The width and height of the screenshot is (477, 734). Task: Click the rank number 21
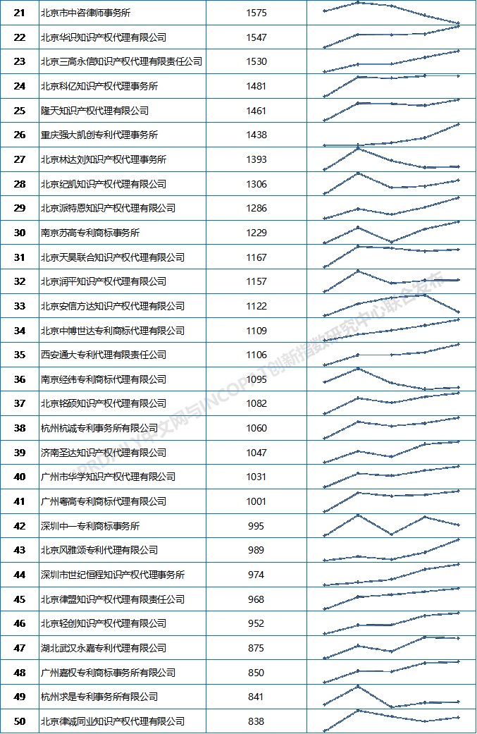pyautogui.click(x=20, y=13)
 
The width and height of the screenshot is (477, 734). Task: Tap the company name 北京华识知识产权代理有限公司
pyautogui.click(x=104, y=37)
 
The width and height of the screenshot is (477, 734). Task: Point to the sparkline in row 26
pyautogui.click(x=391, y=135)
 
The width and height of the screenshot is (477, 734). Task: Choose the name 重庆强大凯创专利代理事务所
pyautogui.click(x=99, y=135)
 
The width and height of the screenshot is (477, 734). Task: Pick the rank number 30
pyautogui.click(x=20, y=233)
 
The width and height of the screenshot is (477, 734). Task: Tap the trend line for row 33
pyautogui.click(x=391, y=303)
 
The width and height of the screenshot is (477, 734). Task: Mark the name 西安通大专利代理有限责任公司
pyautogui.click(x=104, y=355)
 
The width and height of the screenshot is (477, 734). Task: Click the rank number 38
pyautogui.click(x=20, y=428)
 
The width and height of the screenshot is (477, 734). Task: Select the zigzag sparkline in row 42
pyautogui.click(x=391, y=525)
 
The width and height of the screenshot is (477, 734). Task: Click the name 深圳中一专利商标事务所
pyautogui.click(x=90, y=526)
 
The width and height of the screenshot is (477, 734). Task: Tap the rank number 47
pyautogui.click(x=20, y=648)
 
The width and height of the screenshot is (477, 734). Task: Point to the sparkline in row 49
pyautogui.click(x=391, y=697)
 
